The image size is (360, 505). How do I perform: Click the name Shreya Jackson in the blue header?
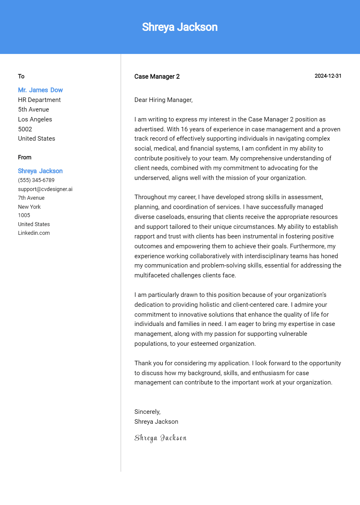(180, 27)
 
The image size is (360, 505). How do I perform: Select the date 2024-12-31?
(328, 76)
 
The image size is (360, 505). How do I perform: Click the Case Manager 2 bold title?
(157, 77)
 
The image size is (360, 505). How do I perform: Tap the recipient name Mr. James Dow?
(40, 90)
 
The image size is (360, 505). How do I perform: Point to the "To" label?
(21, 76)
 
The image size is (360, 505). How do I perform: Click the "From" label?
(25, 157)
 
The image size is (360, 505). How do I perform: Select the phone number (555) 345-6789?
(36, 180)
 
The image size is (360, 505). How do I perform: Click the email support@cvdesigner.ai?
(45, 189)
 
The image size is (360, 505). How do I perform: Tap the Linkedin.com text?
(34, 233)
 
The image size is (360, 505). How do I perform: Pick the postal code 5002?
(25, 129)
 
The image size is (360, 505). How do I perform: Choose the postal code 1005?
(24, 215)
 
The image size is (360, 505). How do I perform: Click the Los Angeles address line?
(35, 119)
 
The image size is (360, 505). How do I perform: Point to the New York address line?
(29, 207)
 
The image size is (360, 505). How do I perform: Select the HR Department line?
(39, 100)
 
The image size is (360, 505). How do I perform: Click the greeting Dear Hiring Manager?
(163, 100)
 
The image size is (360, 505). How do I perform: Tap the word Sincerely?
(147, 412)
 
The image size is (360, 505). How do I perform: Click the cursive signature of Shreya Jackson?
(160, 438)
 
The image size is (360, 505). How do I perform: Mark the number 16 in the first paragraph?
(184, 129)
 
